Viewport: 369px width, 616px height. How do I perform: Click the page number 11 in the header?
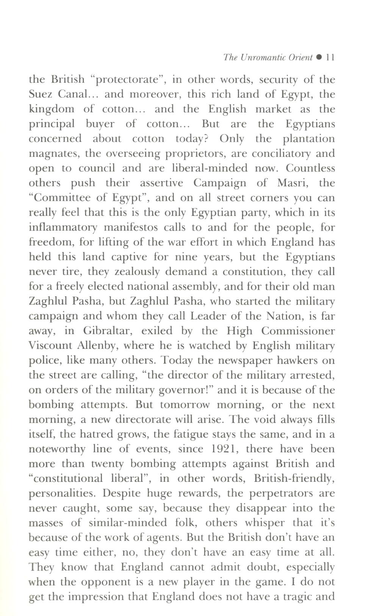click(x=330, y=58)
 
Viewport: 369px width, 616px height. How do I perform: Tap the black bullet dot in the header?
click(x=319, y=58)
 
